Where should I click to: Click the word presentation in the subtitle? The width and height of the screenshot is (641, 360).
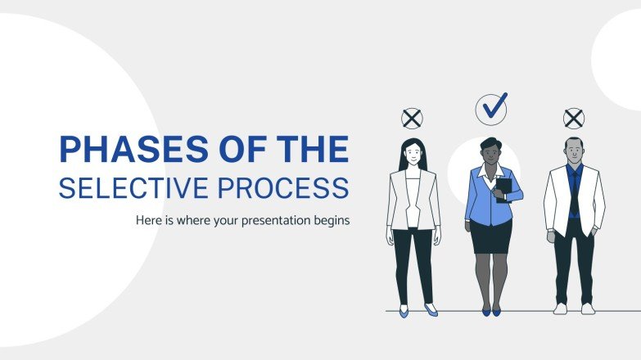274,221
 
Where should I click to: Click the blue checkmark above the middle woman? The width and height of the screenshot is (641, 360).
492,107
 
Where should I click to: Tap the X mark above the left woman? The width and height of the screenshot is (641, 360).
412,119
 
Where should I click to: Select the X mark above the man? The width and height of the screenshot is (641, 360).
574,119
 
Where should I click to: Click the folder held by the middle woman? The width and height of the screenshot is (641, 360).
503,190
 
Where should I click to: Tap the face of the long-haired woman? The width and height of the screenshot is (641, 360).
413,153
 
